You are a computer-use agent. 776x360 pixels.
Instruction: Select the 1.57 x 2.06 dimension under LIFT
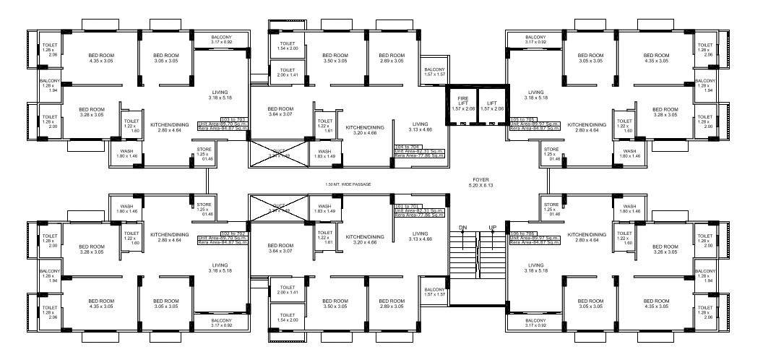point(492,108)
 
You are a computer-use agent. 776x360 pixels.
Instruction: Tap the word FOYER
point(480,179)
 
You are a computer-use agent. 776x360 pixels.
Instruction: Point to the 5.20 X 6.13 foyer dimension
point(480,185)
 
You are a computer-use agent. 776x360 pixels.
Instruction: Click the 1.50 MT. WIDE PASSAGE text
point(348,184)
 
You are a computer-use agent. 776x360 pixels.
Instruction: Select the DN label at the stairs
point(462,228)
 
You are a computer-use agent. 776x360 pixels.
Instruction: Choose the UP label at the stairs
point(493,228)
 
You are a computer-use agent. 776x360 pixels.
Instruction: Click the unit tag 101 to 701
point(409,205)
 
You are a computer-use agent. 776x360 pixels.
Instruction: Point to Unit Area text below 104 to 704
point(419,150)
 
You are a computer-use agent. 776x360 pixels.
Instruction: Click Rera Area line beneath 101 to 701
point(419,215)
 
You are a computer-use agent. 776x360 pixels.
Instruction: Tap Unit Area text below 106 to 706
point(535,238)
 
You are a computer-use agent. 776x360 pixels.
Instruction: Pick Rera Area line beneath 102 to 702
point(223,243)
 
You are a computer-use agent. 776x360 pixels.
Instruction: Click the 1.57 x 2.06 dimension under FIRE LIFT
point(462,108)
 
